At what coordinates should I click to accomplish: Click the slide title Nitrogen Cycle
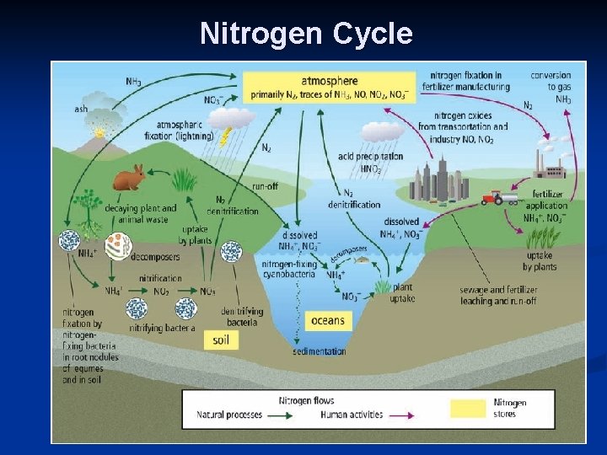pyautogui.click(x=306, y=34)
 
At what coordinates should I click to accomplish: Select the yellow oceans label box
pyautogui.click(x=327, y=320)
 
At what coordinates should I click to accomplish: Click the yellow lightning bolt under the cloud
pyautogui.click(x=226, y=136)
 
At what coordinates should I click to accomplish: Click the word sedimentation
pyautogui.click(x=319, y=351)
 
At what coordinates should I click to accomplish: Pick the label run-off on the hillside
pyautogui.click(x=266, y=186)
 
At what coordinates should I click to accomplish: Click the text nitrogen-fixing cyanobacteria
pyautogui.click(x=289, y=269)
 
